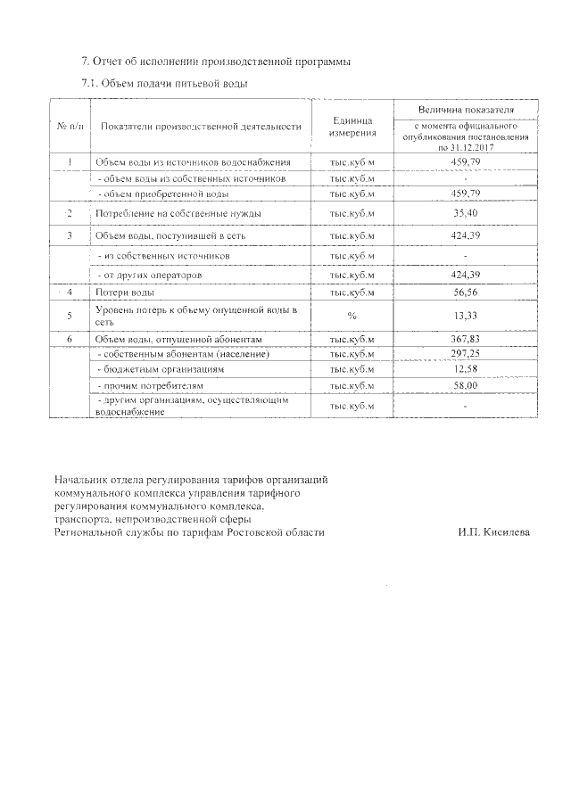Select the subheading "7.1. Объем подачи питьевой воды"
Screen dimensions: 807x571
tap(164, 83)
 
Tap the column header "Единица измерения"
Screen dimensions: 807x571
tap(352, 127)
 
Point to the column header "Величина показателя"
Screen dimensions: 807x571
tap(466, 109)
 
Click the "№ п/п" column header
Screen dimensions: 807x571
tap(70, 127)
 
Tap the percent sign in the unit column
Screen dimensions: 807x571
tap(352, 315)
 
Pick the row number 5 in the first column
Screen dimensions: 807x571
tap(70, 315)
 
